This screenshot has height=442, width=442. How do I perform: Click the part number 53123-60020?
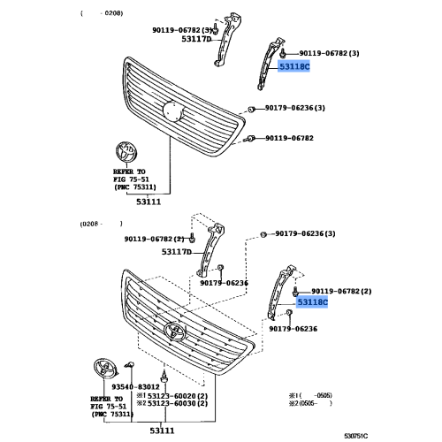pyautogui.click(x=177, y=395)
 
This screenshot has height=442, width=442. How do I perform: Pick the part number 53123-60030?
pyautogui.click(x=177, y=404)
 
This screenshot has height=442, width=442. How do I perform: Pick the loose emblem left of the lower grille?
pyautogui.click(x=103, y=370)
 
